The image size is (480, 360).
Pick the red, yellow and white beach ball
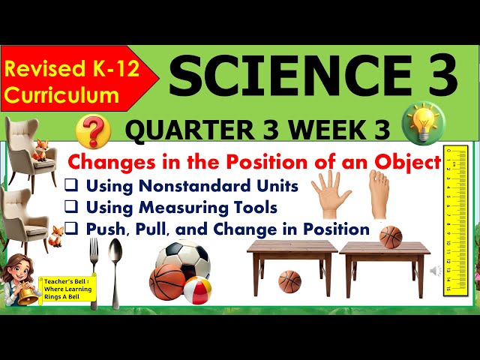click(x=197, y=290)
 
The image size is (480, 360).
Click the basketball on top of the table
click(x=390, y=236)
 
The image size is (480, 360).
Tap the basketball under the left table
click(x=289, y=281)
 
